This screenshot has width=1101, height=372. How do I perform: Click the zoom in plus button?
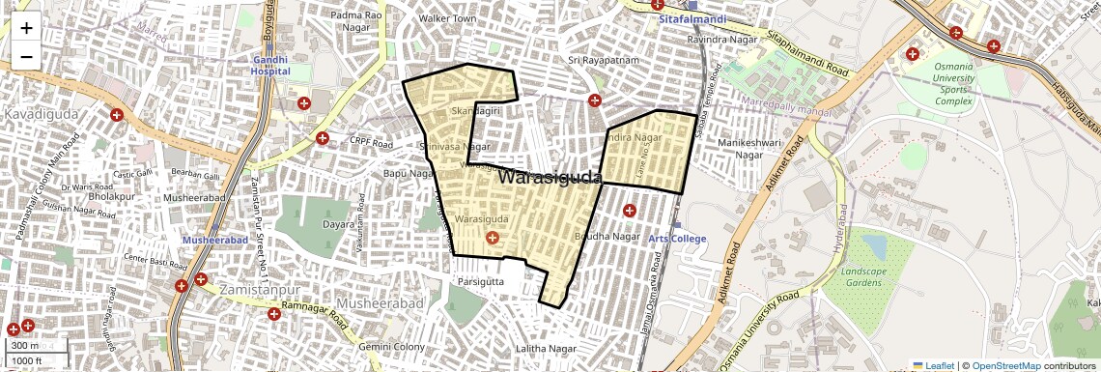coord(26,27)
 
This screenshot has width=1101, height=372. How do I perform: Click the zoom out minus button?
coord(26,56)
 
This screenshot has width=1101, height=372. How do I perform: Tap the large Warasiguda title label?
coord(550,178)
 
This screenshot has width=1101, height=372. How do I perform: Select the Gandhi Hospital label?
coord(270,65)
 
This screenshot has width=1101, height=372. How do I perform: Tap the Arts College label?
coord(677,239)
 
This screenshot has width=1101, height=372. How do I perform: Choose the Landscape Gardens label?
coord(863,277)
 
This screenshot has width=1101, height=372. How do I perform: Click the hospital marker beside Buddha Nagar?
coord(630,210)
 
